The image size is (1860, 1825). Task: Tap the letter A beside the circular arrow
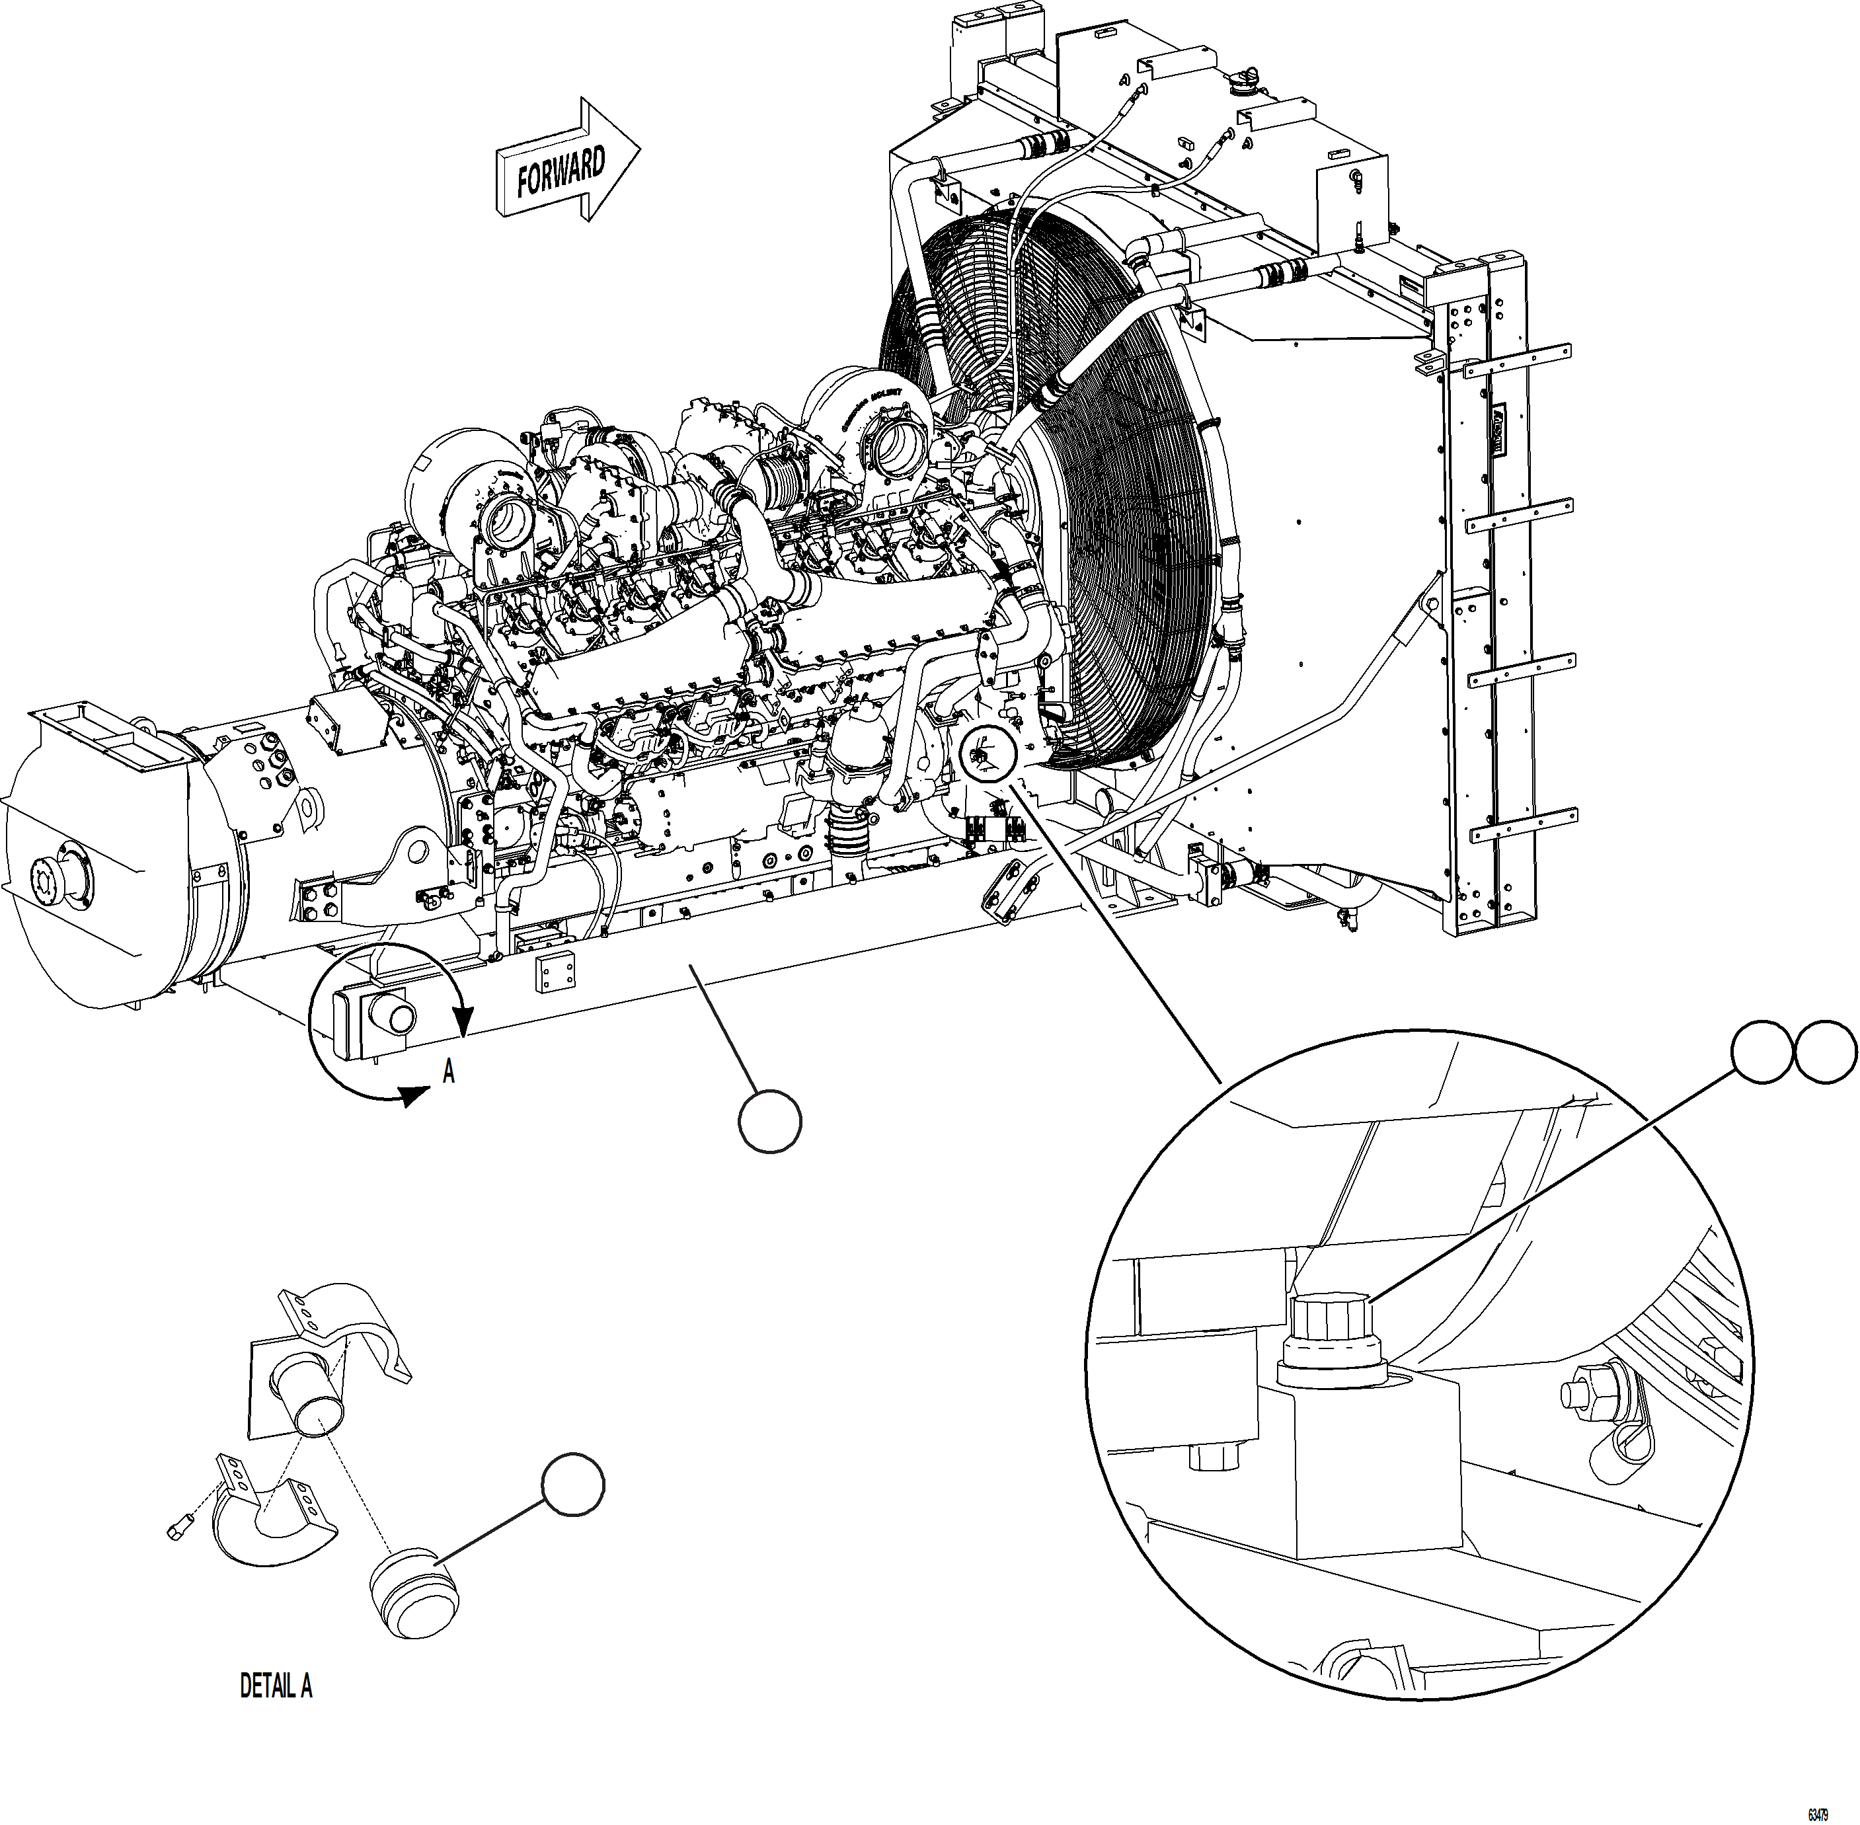click(x=448, y=1071)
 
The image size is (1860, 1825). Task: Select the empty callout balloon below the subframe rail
click(x=771, y=1120)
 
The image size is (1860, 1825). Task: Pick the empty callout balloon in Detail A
click(x=573, y=1485)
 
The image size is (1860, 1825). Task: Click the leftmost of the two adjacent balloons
click(x=1762, y=1052)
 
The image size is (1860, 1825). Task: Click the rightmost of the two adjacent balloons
click(x=1824, y=1052)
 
